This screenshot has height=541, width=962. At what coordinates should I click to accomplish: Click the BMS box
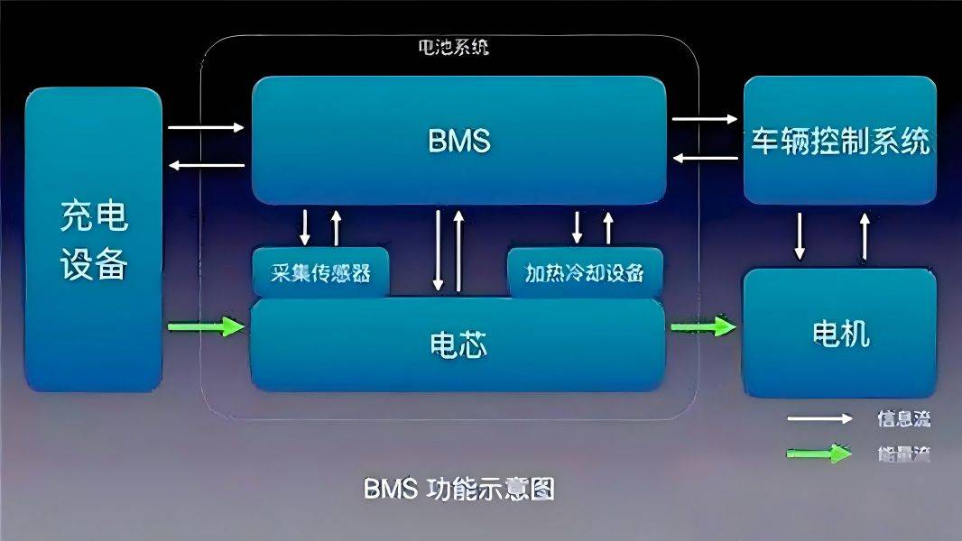click(458, 141)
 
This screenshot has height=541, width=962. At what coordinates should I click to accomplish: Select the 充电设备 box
click(94, 239)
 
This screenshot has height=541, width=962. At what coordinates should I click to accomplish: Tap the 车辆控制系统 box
click(839, 141)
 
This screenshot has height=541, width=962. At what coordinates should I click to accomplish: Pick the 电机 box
click(839, 333)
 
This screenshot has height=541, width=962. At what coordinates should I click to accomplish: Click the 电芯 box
click(458, 344)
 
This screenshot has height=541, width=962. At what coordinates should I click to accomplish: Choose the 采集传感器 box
click(321, 272)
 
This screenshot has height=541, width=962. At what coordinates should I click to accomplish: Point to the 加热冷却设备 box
click(585, 272)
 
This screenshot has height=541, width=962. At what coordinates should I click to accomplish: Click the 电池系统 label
click(456, 48)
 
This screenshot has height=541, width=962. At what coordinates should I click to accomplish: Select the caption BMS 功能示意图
click(458, 489)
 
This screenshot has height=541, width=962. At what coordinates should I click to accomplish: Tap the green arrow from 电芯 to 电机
click(703, 326)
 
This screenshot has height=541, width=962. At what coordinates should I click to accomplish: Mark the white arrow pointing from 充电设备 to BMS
click(207, 127)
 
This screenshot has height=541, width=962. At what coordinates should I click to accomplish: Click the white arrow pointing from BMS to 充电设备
click(207, 165)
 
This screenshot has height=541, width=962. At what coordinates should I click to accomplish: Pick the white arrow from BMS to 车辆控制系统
click(705, 118)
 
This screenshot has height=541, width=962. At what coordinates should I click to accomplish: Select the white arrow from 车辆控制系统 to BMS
click(705, 158)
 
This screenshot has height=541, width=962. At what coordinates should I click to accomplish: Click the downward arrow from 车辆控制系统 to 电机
click(800, 235)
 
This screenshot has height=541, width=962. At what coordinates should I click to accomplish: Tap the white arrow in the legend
click(819, 418)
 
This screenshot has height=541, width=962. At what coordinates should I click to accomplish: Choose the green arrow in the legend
click(819, 454)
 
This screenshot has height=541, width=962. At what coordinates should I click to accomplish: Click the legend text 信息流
click(902, 418)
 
